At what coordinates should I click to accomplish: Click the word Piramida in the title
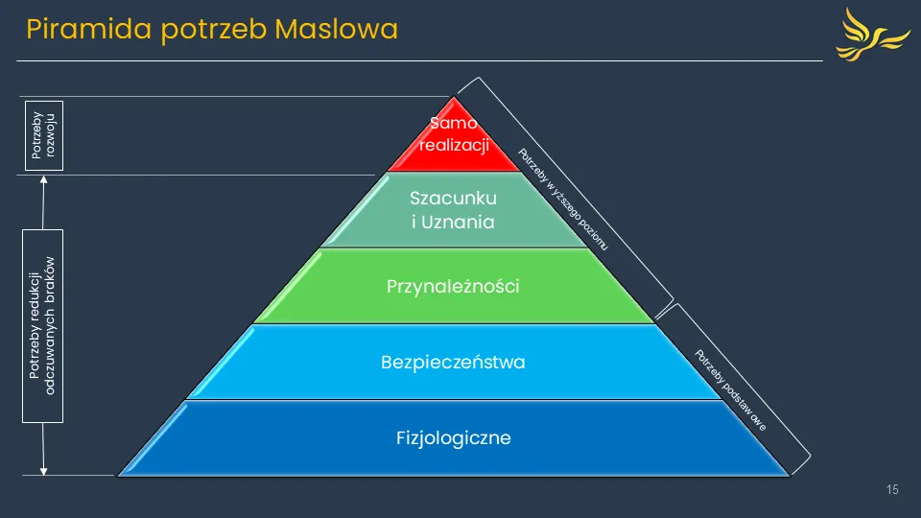click(x=77, y=30)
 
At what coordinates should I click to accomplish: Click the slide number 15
click(x=892, y=490)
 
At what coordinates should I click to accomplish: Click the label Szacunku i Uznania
click(x=453, y=211)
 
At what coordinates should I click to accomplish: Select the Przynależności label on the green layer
click(x=453, y=286)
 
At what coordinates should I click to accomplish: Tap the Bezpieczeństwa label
click(x=453, y=363)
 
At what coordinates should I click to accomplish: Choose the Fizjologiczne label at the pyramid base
click(x=453, y=438)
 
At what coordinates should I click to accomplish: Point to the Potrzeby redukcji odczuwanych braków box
click(x=43, y=326)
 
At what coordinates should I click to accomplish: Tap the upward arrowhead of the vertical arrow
click(x=43, y=183)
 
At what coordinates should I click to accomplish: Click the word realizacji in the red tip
click(x=454, y=147)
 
